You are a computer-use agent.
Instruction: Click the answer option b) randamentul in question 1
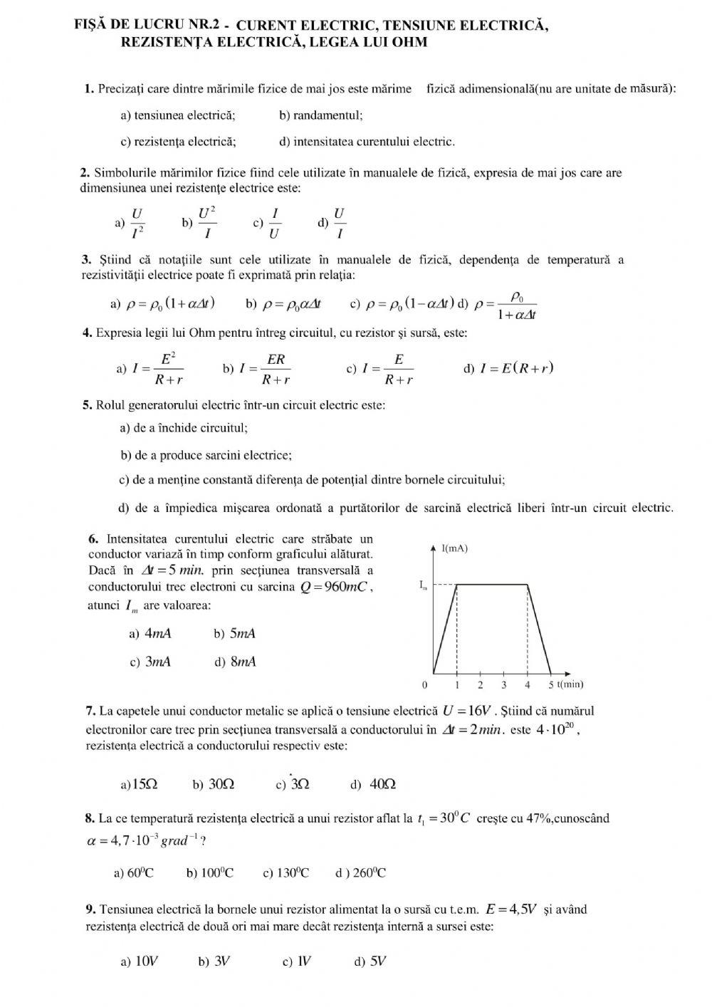(x=321, y=115)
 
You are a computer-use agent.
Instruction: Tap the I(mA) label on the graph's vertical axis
(x=455, y=548)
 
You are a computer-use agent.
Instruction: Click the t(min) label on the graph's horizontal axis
(x=570, y=684)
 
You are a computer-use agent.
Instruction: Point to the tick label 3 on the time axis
(x=504, y=685)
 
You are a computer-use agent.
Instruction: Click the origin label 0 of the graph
(x=425, y=685)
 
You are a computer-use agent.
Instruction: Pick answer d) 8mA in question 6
(x=236, y=662)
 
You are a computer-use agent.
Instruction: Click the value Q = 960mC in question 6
(x=334, y=587)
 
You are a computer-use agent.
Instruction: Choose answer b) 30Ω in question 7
(x=214, y=784)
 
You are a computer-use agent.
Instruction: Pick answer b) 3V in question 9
(x=214, y=961)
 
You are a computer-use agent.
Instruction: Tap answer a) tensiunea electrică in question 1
(x=178, y=115)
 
